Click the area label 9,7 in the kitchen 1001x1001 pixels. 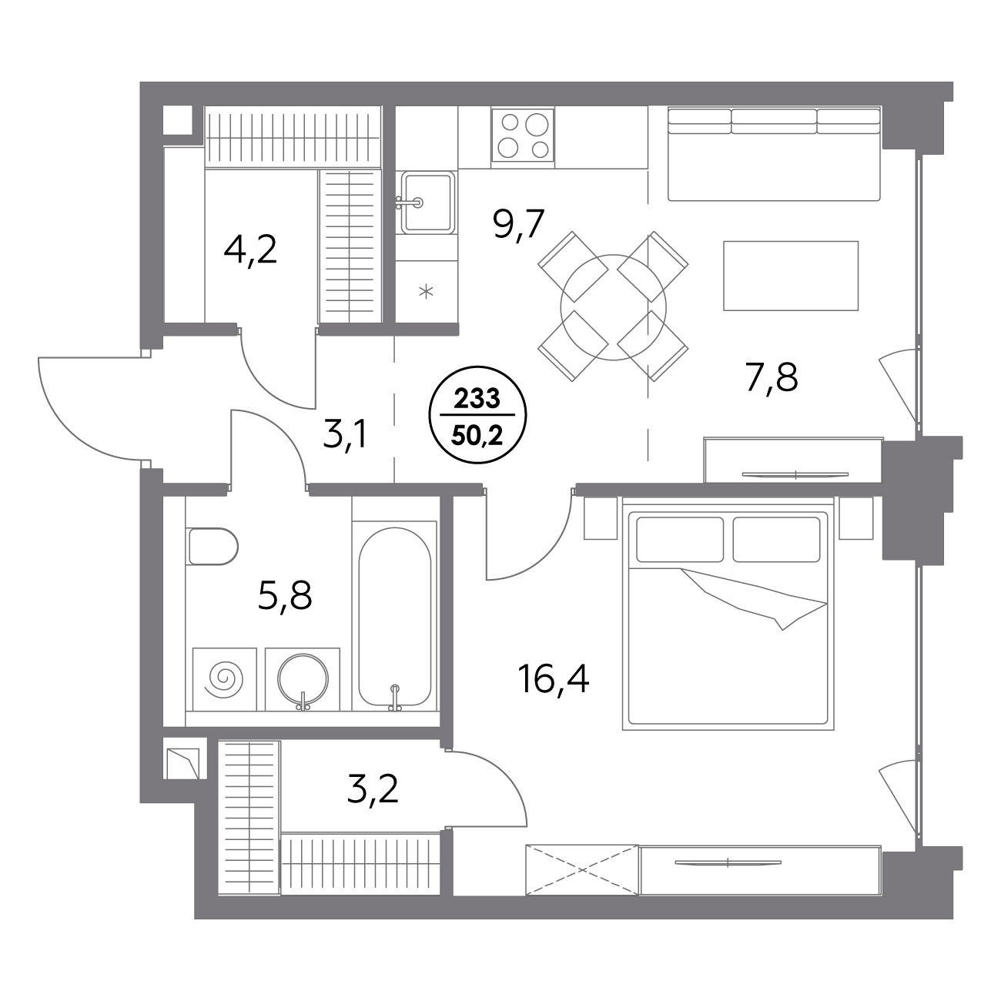click(x=518, y=224)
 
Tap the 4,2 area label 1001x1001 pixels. click(x=249, y=249)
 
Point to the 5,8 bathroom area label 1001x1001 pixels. click(x=285, y=597)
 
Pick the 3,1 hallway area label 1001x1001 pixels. click(x=346, y=434)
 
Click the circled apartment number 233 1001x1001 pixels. click(x=477, y=399)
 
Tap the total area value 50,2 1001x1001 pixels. click(x=477, y=437)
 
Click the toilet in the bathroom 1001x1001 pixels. click(x=213, y=547)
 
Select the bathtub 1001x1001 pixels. click(x=395, y=616)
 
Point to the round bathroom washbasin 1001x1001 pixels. click(x=303, y=678)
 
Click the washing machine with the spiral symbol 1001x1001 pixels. click(x=224, y=678)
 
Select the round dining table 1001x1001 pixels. click(x=613, y=307)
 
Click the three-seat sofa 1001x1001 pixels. click(x=774, y=154)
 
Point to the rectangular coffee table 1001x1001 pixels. click(x=791, y=276)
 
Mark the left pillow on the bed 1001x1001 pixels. click(x=680, y=539)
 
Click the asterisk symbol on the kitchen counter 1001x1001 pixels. click(x=426, y=292)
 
